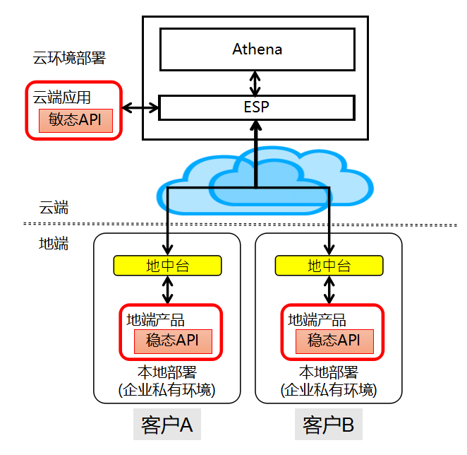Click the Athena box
[x=257, y=49]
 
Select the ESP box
[x=257, y=107]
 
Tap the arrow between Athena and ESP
[x=257, y=82]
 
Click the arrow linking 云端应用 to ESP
[x=140, y=108]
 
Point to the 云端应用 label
[x=62, y=97]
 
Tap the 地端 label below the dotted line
[x=54, y=244]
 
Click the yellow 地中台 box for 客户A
[x=168, y=266]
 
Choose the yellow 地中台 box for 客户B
[x=329, y=266]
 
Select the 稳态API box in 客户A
[x=173, y=341]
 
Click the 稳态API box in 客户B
[x=334, y=341]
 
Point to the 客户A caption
[x=167, y=425]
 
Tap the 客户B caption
[x=328, y=425]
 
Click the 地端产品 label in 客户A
[x=155, y=319]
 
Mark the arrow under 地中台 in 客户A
[x=168, y=290]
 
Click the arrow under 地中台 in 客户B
[x=329, y=290]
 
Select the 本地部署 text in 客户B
[x=328, y=373]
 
